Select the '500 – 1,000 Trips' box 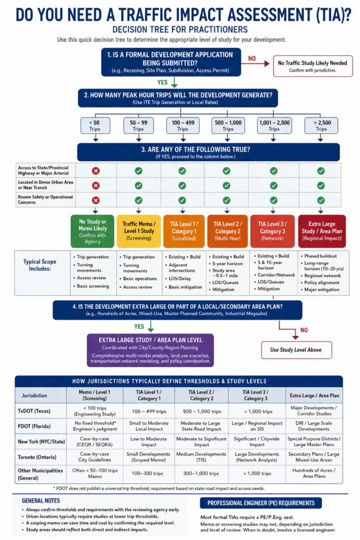[228, 126]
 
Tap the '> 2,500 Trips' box [321, 126]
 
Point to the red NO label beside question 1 [252, 59]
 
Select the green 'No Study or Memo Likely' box [93, 231]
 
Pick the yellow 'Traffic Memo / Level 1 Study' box [138, 231]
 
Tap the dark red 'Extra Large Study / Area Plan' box [322, 231]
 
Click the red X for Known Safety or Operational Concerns [96, 200]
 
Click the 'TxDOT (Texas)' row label [35, 410]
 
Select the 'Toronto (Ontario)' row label [38, 457]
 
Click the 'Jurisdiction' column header [34, 395]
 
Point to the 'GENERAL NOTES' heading [41, 500]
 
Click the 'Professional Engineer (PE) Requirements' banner [261, 503]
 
